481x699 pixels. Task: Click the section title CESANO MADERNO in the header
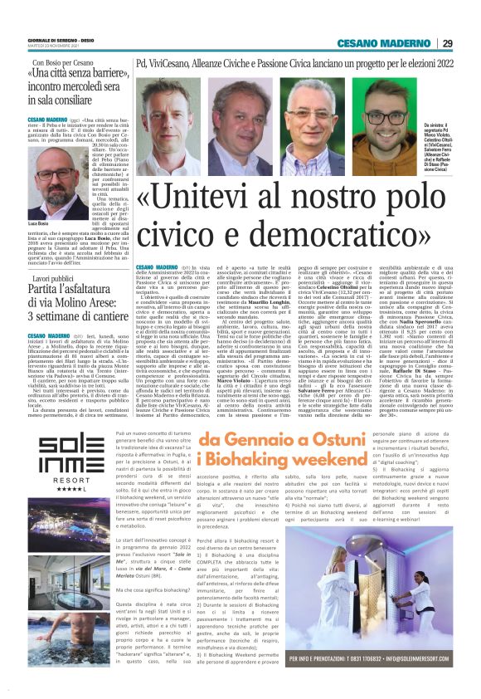(x=395, y=43)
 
